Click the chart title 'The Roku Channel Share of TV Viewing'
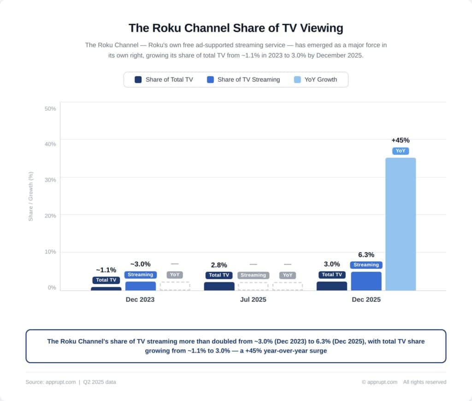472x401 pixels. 236,28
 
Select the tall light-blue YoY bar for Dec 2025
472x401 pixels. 401,224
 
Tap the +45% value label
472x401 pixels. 401,140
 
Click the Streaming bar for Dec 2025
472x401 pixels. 366,281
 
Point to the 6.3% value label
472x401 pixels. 366,255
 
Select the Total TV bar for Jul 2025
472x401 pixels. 219,286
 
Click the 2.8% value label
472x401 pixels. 219,265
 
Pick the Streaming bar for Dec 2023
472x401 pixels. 141,286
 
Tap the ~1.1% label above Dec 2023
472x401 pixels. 106,270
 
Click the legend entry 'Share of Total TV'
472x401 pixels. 164,80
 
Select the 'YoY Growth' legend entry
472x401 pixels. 315,80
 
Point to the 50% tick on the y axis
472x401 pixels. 50,109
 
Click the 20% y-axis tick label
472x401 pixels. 50,216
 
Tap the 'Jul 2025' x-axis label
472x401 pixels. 253,300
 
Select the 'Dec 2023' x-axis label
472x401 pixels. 140,300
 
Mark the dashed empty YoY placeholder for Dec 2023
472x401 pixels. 175,286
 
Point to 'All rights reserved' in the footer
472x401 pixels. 425,382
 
